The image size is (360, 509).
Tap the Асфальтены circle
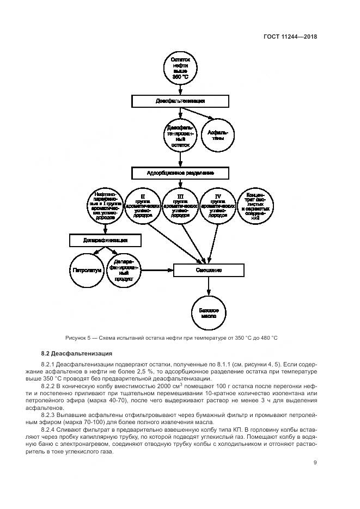[x=218, y=135]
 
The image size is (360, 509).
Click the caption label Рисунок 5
[x=79, y=338]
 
